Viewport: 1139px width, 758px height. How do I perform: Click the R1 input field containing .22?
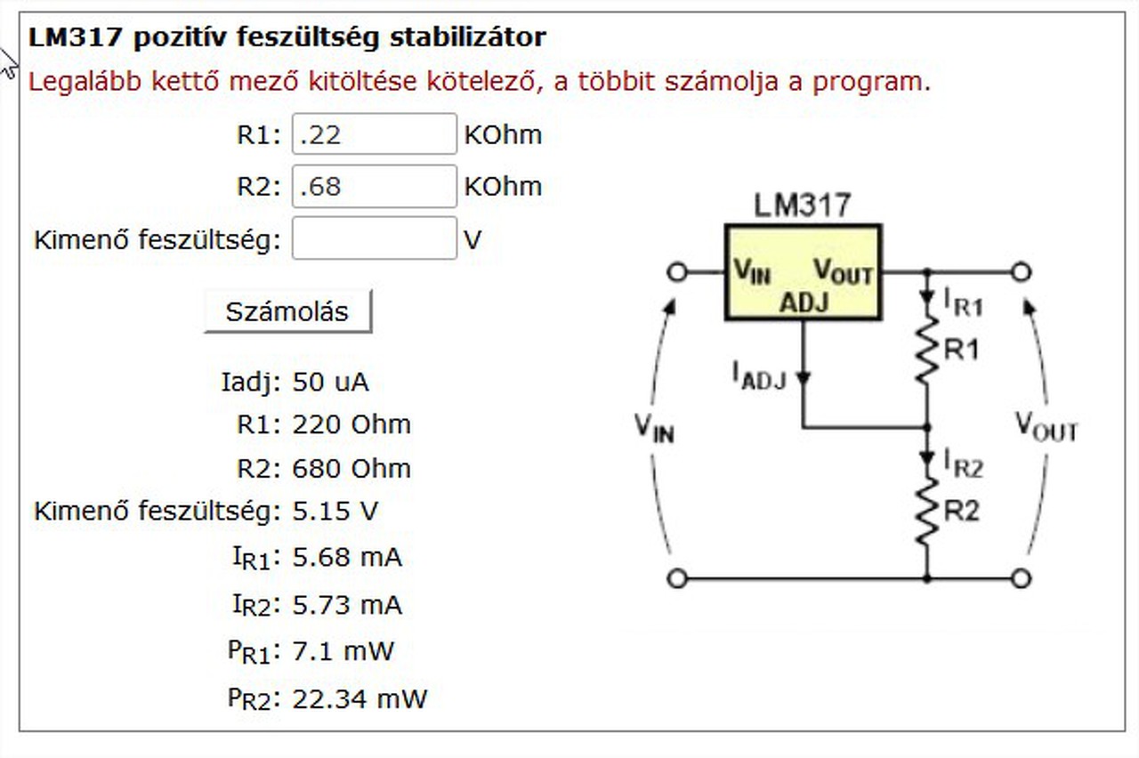tap(374, 134)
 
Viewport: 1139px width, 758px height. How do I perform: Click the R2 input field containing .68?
tap(374, 186)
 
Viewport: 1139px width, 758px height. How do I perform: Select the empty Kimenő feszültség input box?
tap(374, 238)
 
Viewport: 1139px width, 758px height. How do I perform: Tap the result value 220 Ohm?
tap(351, 424)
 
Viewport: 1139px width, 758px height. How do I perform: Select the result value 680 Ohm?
tap(351, 468)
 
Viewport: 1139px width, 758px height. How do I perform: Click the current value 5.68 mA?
tap(347, 558)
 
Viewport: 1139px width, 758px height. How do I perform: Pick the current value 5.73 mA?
tap(347, 606)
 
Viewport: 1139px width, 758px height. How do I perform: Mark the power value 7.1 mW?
tap(343, 651)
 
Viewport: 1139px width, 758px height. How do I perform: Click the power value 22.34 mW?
tap(359, 698)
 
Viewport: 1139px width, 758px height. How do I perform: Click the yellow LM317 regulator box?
tap(803, 271)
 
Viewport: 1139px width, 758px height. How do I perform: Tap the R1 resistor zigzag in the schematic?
tap(927, 349)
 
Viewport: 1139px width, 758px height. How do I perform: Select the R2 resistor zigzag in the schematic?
tap(927, 511)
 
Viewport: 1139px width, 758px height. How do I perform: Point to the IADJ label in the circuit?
tap(758, 375)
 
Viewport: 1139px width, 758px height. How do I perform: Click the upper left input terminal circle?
tap(677, 271)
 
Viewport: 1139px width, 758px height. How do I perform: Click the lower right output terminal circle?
tap(1022, 579)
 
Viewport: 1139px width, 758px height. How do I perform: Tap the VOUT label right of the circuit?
tap(1046, 426)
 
